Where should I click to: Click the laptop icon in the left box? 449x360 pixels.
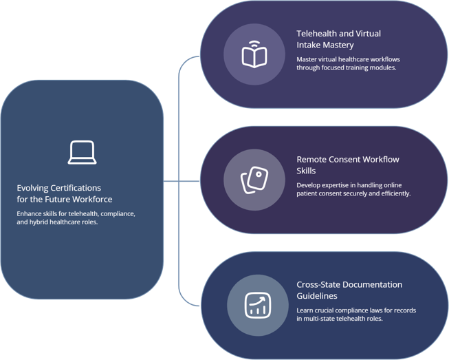[x=82, y=152]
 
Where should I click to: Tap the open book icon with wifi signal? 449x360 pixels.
[x=254, y=54]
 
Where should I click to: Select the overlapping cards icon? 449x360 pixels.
[x=254, y=180]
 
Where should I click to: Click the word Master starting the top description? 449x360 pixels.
[x=308, y=59]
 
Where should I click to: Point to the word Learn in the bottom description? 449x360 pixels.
[x=306, y=310]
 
